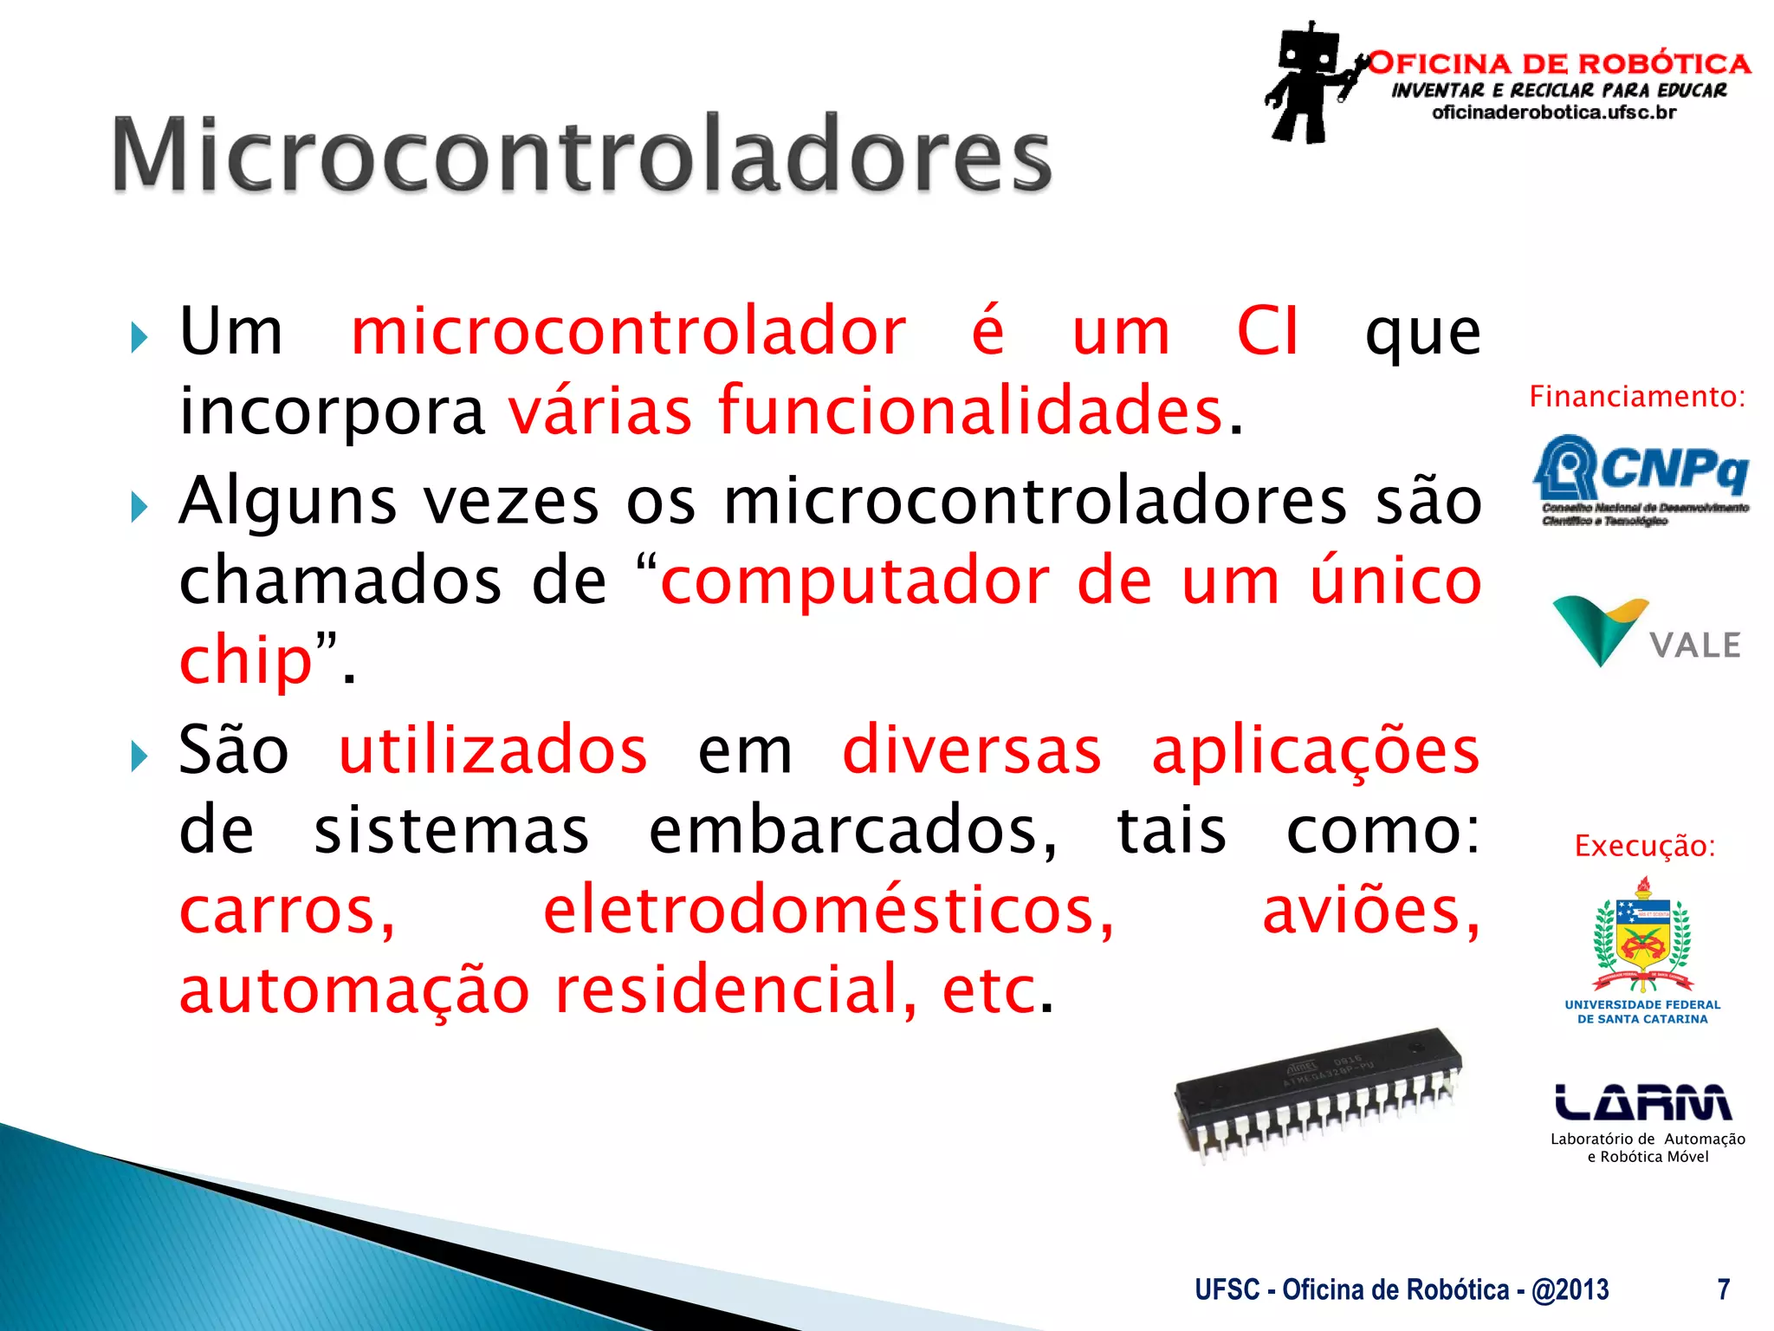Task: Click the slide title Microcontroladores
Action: pyautogui.click(x=581, y=155)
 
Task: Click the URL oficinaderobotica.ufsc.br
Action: pyautogui.click(x=1554, y=113)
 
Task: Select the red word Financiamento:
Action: pyautogui.click(x=1636, y=397)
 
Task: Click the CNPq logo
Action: pyautogui.click(x=1641, y=479)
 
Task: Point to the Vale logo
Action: pyautogui.click(x=1645, y=631)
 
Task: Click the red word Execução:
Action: pyautogui.click(x=1644, y=846)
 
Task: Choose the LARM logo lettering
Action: pyautogui.click(x=1642, y=1102)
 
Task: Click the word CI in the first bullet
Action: pyautogui.click(x=1267, y=332)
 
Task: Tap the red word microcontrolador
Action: pyautogui.click(x=629, y=332)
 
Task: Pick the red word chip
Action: pyautogui.click(x=245, y=660)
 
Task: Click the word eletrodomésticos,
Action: pyautogui.click(x=829, y=911)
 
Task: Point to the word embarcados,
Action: pyautogui.click(x=852, y=830)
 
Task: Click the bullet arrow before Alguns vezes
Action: pyautogui.click(x=139, y=506)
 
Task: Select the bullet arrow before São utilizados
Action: pyautogui.click(x=139, y=756)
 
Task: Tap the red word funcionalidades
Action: pyautogui.click(x=970, y=411)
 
